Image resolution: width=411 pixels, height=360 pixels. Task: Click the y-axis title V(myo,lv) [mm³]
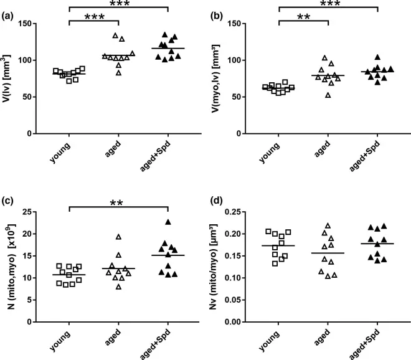[x=220, y=78]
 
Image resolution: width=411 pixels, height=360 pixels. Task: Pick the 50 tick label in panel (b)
[x=249, y=97]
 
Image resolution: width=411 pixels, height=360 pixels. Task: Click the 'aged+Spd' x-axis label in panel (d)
[x=374, y=346]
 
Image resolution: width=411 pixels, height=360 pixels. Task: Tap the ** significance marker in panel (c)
[x=118, y=204]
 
